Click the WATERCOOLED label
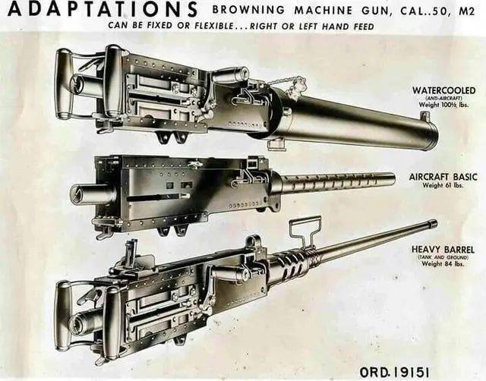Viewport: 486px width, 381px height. point(444,90)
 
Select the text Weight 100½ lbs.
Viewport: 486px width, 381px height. point(444,105)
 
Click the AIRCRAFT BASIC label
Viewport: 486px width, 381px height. point(443,177)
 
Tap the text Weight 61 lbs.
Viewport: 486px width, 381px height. point(444,185)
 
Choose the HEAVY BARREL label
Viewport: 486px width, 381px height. point(444,248)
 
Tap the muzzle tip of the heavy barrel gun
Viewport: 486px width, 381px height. point(432,224)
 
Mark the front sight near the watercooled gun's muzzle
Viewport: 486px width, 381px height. point(424,117)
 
